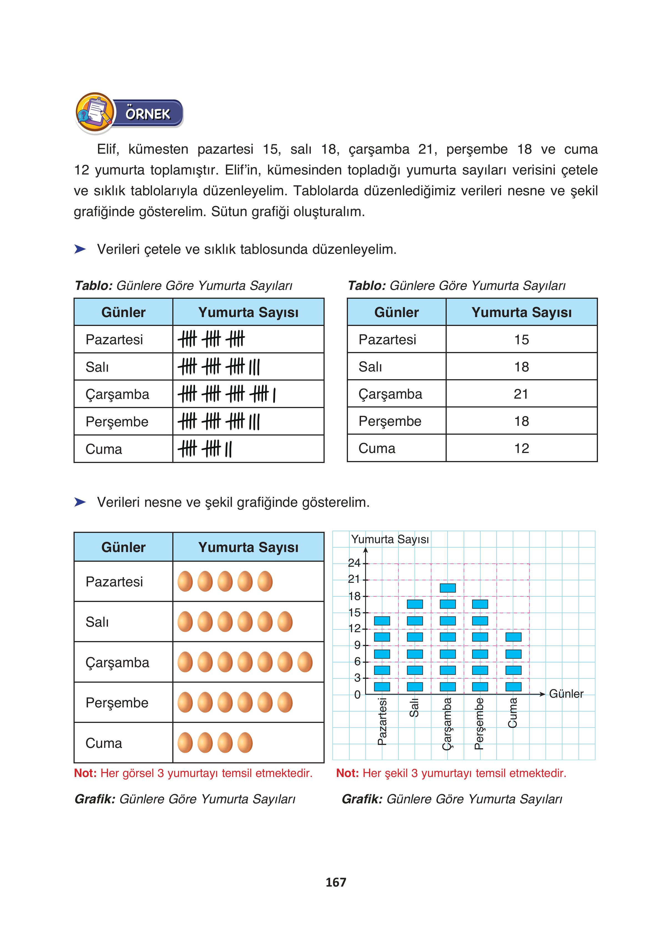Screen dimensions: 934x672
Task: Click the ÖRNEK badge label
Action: tap(148, 114)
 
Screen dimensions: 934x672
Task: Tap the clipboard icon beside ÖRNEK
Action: tap(95, 112)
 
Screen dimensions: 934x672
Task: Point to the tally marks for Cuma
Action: tap(205, 449)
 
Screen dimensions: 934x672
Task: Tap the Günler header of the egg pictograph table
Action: tap(123, 547)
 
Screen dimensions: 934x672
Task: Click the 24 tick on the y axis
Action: tap(354, 563)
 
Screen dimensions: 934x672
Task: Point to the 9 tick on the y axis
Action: tap(357, 645)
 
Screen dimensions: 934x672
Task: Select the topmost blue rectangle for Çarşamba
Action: tap(448, 588)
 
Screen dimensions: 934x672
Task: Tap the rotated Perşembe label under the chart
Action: tap(479, 723)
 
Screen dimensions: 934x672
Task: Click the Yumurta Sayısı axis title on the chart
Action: tap(390, 539)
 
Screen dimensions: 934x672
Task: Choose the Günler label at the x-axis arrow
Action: tap(566, 694)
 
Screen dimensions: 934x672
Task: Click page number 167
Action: tap(336, 882)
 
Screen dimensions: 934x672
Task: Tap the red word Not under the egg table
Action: tap(85, 773)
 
